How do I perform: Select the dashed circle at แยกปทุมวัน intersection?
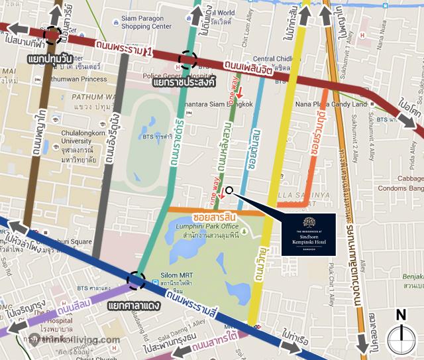[x=52, y=36]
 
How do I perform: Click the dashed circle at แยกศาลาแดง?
[x=137, y=281]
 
